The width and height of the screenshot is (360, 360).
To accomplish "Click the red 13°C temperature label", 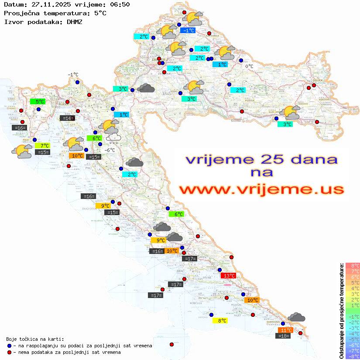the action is [x=229, y=275].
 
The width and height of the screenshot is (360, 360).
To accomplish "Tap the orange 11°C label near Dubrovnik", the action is [x=286, y=330].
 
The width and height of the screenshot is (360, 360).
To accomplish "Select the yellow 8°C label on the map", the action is [x=220, y=320].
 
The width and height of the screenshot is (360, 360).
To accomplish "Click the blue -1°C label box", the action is [x=188, y=31].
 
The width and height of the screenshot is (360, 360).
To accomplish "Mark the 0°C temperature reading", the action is [x=249, y=66].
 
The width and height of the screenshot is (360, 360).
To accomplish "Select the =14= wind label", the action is [x=67, y=118].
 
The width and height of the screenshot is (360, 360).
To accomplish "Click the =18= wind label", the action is [x=284, y=336].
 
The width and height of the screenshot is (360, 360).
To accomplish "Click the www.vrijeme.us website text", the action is [x=261, y=189].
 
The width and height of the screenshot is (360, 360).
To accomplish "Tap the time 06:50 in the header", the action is [x=120, y=4].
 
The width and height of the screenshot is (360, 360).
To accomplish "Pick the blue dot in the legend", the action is [x=9, y=345].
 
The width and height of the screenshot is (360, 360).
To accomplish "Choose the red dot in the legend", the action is [x=9, y=352].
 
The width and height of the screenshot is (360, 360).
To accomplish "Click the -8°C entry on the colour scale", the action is [x=352, y=356].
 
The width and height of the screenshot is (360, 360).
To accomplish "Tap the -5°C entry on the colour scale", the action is [x=352, y=339].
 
